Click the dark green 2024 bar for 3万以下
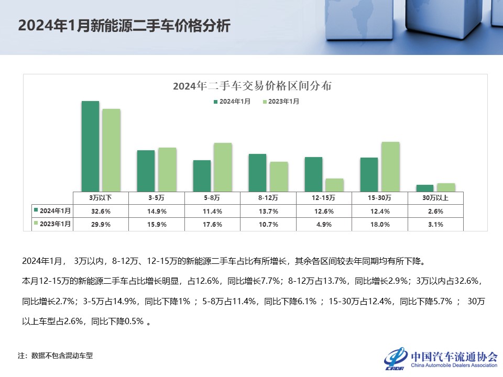coord(90,146)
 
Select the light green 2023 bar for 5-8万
coord(223,167)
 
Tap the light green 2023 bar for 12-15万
coord(334,185)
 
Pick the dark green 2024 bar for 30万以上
coord(425,188)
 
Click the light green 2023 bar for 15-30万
coord(390,167)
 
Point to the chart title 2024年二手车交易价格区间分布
coord(252,86)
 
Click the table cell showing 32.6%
coord(100,212)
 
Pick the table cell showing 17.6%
coord(212,224)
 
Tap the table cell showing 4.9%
coord(324,224)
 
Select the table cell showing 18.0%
coord(379,224)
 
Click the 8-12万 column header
coord(268,198)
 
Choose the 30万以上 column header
coord(435,198)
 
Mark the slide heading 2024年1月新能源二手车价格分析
coord(124,26)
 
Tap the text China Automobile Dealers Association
coord(454,365)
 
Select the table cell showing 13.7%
coord(268,212)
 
